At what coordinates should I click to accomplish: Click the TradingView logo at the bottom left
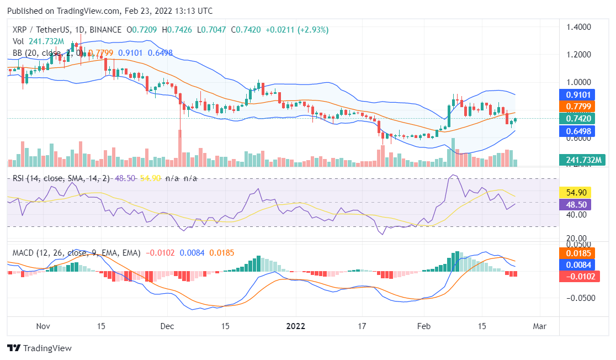(39, 348)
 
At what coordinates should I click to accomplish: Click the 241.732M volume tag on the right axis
(585, 160)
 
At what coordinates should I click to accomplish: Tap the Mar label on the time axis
(539, 326)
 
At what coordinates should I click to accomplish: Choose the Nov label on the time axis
(43, 326)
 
